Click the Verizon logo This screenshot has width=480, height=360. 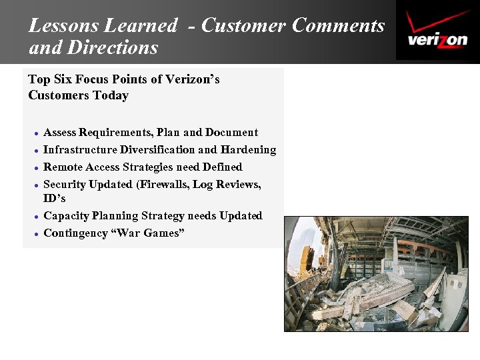pos(437,31)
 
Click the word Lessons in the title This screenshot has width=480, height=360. pos(61,26)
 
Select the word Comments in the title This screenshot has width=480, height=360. pos(338,26)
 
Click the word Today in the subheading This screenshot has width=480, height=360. pos(111,95)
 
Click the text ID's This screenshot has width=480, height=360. pos(55,199)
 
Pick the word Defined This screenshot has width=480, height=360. pos(222,167)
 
